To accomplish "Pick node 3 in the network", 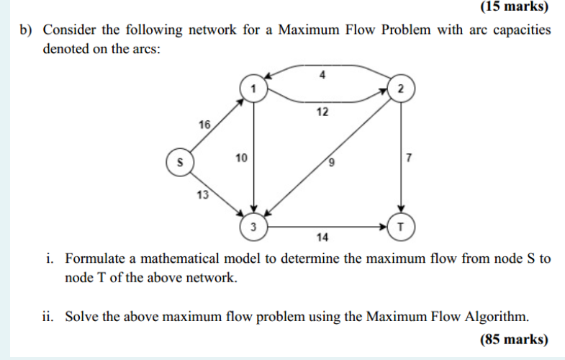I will pyautogui.click(x=253, y=226).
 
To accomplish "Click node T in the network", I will pyautogui.click(x=400, y=226).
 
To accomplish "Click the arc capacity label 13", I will pyautogui.click(x=203, y=194).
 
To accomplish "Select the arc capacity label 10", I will pyautogui.click(x=240, y=157).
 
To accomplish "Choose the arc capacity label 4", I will pyautogui.click(x=322, y=75).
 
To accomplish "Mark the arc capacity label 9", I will pyautogui.click(x=332, y=162).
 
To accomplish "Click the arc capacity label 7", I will pyautogui.click(x=409, y=157).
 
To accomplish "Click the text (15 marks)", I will pyautogui.click(x=513, y=8).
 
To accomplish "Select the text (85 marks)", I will pyautogui.click(x=513, y=340).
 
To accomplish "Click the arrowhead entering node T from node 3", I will pyautogui.click(x=385, y=226).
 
